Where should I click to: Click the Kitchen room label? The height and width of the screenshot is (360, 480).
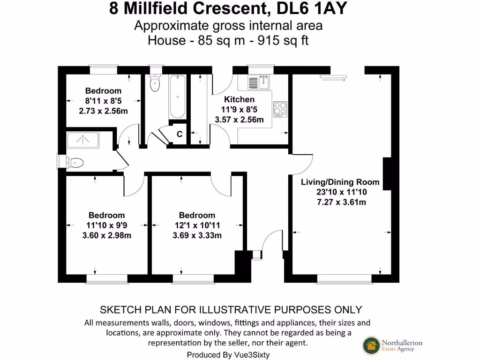239,99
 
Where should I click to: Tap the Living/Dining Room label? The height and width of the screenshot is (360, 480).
340,182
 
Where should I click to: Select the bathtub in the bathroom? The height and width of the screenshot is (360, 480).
177,97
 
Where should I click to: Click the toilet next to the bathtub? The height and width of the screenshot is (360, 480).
154,84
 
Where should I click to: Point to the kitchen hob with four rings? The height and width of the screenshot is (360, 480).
280,109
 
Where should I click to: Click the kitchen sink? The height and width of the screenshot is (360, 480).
257,82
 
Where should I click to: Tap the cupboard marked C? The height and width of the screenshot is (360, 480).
179,135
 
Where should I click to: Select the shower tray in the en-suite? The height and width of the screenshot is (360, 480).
82,140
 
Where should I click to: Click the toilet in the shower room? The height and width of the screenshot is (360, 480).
74,163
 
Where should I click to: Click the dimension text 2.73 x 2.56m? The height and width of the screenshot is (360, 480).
103,111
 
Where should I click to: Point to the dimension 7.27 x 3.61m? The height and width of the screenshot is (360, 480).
340,202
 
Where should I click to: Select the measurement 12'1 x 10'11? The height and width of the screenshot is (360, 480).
197,225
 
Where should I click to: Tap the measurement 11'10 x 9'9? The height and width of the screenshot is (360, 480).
106,225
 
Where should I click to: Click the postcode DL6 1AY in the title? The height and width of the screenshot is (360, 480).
320,9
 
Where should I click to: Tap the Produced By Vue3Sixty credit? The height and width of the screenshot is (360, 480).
228,354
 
